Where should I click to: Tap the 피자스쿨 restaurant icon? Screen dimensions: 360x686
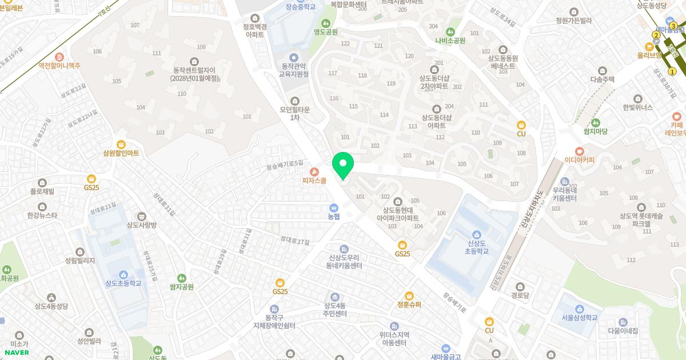pyautogui.click(x=314, y=171)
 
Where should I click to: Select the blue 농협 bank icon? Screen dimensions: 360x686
pyautogui.click(x=334, y=208)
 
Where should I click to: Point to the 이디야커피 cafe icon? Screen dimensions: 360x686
pyautogui.click(x=580, y=151)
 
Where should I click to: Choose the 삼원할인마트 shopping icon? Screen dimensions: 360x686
pyautogui.click(x=121, y=145)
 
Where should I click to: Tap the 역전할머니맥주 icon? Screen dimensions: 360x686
pyautogui.click(x=59, y=57)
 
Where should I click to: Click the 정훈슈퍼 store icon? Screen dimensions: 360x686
pyautogui.click(x=409, y=296)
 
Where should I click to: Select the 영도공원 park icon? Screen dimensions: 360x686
pyautogui.click(x=325, y=23)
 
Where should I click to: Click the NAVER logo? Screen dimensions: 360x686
pyautogui.click(x=17, y=352)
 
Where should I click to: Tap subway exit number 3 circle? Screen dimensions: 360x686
pyautogui.click(x=673, y=26)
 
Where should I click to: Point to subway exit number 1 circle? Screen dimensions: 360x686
pyautogui.click(x=672, y=71)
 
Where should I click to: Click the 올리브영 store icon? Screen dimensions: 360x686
pyautogui.click(x=649, y=46)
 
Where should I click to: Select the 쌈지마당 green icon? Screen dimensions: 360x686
pyautogui.click(x=595, y=122)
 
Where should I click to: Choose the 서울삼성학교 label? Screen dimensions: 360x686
pyautogui.click(x=579, y=317)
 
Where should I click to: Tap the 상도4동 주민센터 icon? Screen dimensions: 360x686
pyautogui.click(x=334, y=297)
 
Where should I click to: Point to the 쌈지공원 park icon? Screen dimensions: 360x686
pyautogui.click(x=182, y=278)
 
